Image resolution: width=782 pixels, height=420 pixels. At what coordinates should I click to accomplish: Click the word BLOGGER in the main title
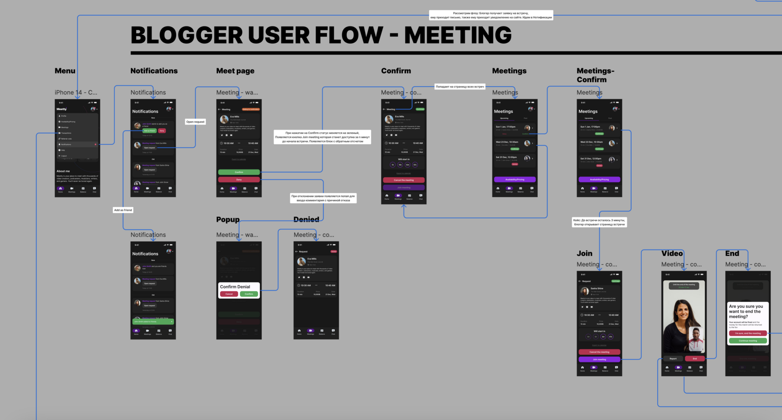(186, 35)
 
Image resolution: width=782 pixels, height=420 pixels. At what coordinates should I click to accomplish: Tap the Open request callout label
(195, 122)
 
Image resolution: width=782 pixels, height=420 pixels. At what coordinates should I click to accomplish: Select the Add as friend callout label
(123, 210)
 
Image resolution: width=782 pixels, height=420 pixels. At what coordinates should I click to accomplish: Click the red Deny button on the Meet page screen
(239, 179)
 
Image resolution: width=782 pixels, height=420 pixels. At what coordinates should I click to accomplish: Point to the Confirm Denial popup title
(235, 287)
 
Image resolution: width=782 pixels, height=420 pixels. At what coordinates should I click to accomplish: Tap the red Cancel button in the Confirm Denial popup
(229, 294)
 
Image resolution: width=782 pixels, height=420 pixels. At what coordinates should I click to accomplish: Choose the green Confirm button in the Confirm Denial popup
(249, 294)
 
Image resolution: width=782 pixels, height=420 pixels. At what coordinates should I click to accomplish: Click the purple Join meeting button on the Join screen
(599, 359)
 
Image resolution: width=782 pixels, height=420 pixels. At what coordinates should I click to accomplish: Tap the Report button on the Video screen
(673, 359)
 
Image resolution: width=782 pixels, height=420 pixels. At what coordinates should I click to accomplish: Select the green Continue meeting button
(748, 341)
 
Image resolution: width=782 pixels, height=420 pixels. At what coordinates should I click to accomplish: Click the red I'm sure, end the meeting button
(748, 333)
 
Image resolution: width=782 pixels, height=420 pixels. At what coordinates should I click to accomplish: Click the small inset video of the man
(696, 339)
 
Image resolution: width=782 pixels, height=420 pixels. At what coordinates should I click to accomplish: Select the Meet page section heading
(235, 71)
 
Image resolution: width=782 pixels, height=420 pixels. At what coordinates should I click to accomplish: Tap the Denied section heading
(306, 219)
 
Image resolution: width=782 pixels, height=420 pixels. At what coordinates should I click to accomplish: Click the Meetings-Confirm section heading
(595, 75)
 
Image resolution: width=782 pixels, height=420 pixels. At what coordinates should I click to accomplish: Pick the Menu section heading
(65, 71)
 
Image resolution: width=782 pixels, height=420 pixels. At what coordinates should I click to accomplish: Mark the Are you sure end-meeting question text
(746, 312)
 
